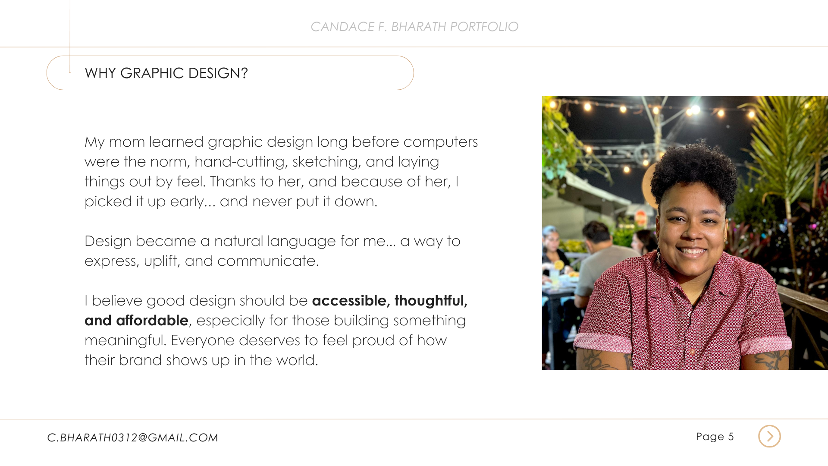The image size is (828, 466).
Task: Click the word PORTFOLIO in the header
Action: [484, 27]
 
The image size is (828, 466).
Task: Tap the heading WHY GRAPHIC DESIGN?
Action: [166, 73]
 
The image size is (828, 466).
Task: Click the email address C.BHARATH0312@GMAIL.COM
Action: [132, 438]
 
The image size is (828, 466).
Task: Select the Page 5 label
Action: [715, 437]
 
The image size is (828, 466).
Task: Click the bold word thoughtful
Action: [431, 300]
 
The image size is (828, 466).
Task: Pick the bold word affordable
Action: [152, 320]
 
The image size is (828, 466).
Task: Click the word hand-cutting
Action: [241, 162]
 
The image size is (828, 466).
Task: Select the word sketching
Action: [327, 162]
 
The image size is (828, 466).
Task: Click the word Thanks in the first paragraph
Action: [233, 182]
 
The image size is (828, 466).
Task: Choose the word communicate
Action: [268, 261]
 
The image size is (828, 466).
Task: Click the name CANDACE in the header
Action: [342, 27]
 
